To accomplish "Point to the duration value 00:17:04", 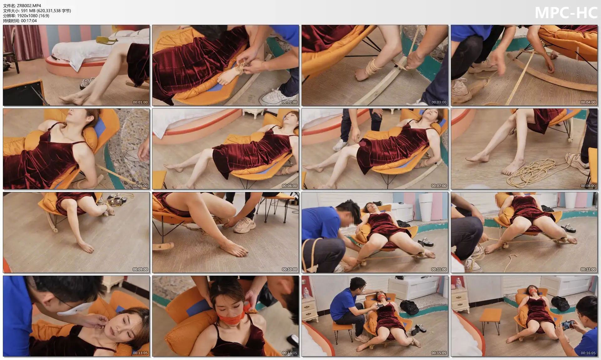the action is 29,21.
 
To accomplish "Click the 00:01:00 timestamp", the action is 140,102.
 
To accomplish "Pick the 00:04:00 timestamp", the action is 588,102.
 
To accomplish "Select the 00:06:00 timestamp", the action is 289,186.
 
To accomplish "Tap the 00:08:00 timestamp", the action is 588,186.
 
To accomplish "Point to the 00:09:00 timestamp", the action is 140,270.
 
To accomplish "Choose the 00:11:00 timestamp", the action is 439,270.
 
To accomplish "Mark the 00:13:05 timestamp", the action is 140,353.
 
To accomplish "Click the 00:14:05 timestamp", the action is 289,353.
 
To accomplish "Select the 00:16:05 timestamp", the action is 588,353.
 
